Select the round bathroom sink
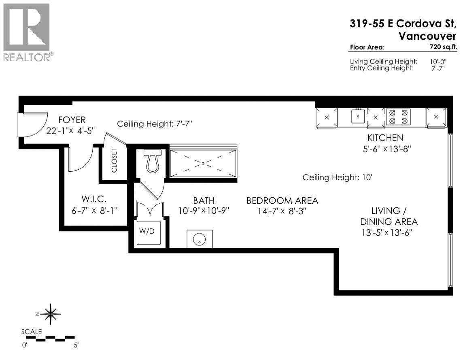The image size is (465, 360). pos(199,239)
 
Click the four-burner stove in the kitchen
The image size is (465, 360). pos(398,117)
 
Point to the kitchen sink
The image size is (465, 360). pos(358,116)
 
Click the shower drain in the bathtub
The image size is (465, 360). pos(203,163)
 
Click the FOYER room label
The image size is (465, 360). pos(72,120)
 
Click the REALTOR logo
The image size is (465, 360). pos(27,32)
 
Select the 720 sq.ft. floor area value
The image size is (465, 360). pos(444,47)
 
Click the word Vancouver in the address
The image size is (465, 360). pos(428,36)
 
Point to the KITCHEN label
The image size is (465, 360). pos(385,138)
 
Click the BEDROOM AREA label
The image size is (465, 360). pos(282,200)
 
